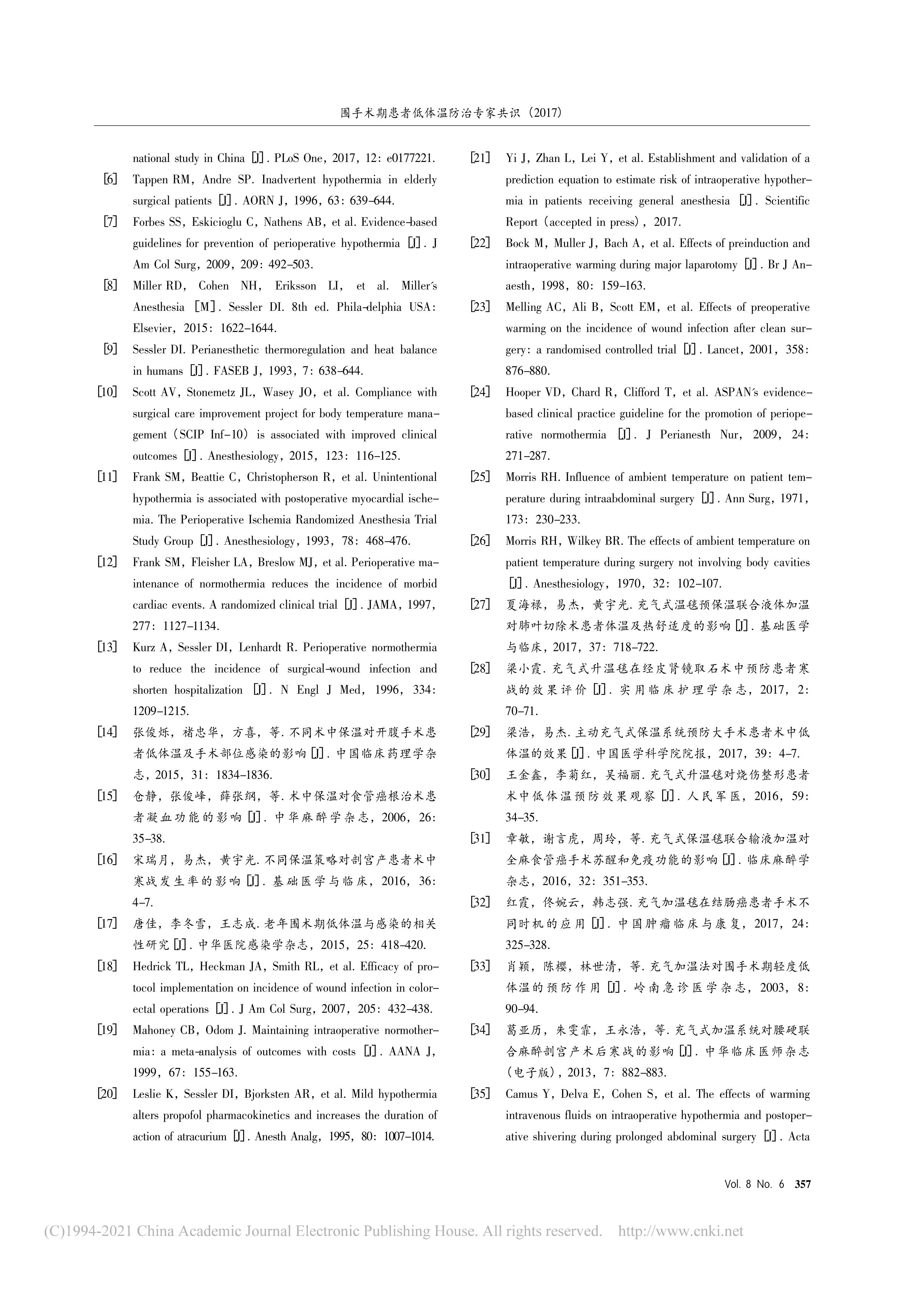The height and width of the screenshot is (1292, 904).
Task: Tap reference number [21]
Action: tap(480, 158)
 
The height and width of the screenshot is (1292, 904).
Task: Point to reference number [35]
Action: tap(480, 1094)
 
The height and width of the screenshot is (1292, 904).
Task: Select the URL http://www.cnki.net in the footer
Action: tap(681, 1231)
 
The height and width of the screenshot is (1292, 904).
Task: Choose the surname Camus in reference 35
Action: tap(523, 1094)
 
